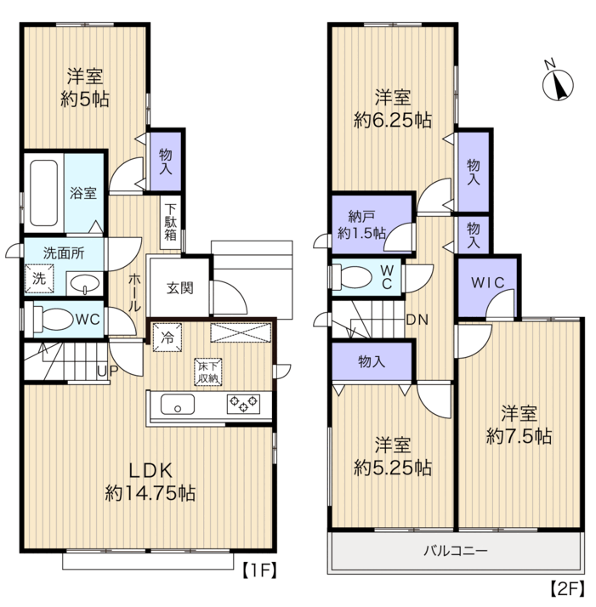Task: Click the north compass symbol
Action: tap(558, 84)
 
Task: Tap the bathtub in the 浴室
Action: tap(43, 193)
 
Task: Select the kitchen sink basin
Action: tap(178, 404)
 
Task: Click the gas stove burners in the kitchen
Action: tap(243, 404)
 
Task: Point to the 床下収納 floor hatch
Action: tap(208, 372)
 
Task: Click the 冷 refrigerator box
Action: tap(167, 338)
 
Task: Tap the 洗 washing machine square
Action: tap(39, 278)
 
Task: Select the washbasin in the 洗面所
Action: tap(85, 283)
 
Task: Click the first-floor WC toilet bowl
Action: tap(54, 320)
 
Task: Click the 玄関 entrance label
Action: tap(179, 288)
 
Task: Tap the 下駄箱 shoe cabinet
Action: tap(170, 222)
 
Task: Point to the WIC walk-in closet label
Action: tap(487, 282)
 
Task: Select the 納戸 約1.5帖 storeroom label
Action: tap(361, 224)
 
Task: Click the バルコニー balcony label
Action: tap(455, 550)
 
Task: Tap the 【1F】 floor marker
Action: tap(260, 570)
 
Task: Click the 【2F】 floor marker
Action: tap(567, 589)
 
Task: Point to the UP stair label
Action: tap(107, 371)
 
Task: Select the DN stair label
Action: tap(417, 320)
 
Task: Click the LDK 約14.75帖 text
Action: tap(150, 482)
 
